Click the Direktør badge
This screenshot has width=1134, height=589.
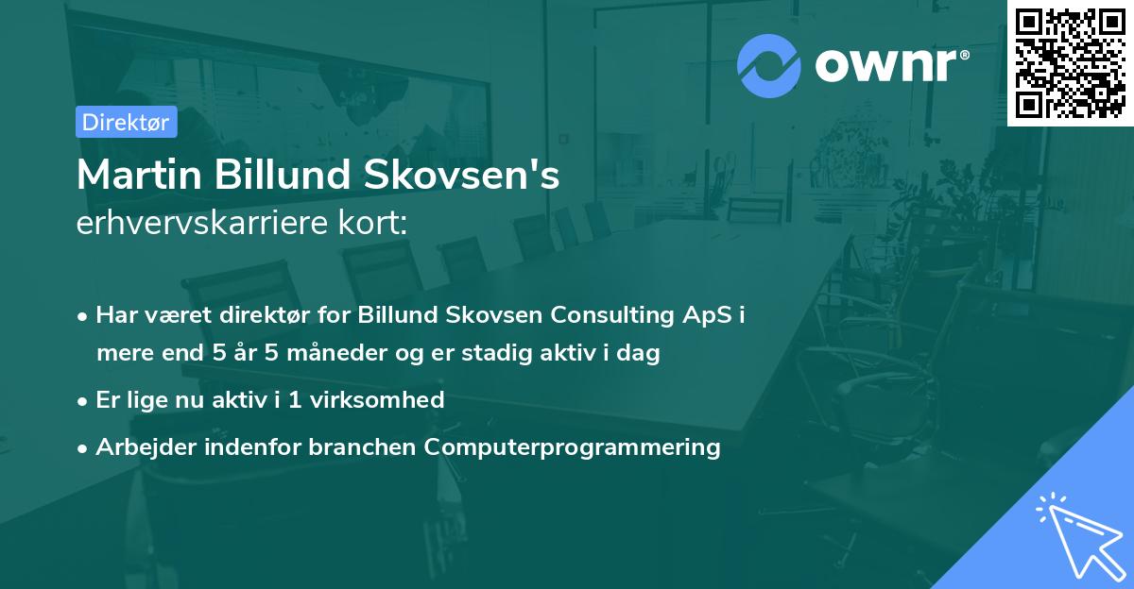(x=126, y=122)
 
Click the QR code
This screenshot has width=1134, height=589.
(x=1071, y=62)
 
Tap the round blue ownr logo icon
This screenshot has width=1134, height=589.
(x=769, y=65)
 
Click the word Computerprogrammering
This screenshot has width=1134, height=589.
(x=573, y=446)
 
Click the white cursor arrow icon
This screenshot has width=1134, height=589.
(x=1078, y=539)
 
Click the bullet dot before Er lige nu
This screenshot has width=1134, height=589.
(x=84, y=400)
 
